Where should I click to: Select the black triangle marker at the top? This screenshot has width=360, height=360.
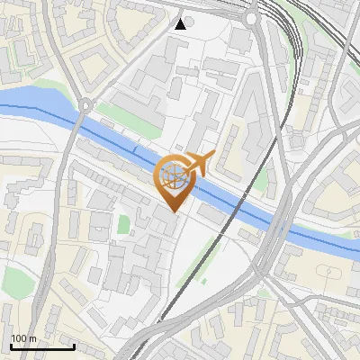[181, 23]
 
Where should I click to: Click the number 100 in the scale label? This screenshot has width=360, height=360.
[20, 339]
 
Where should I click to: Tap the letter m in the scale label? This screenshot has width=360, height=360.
[32, 339]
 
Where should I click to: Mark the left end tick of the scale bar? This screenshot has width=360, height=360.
[10, 346]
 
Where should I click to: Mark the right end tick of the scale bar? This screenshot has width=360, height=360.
[73, 346]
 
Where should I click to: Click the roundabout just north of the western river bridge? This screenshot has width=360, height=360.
[85, 105]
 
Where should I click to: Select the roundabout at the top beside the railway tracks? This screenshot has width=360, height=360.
[251, 18]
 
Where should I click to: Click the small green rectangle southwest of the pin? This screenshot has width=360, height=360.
[122, 224]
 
